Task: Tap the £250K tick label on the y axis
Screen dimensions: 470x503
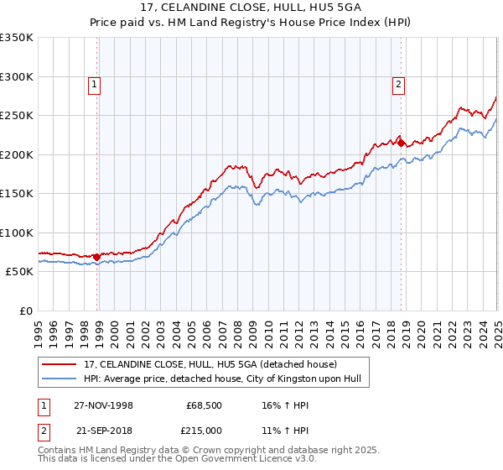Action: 17,116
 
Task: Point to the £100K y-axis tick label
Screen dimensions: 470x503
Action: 17,232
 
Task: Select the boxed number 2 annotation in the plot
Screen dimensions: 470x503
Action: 398,84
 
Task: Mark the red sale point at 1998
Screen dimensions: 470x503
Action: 97,257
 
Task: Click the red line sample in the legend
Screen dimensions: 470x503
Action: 60,364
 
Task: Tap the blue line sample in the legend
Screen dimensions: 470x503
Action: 60,379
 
